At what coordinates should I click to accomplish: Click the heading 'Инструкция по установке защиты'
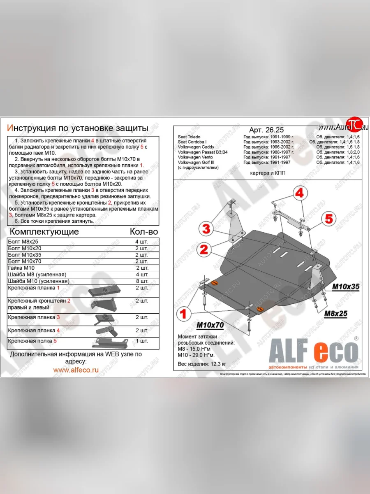point(78,128)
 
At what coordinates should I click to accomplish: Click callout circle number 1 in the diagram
point(183,315)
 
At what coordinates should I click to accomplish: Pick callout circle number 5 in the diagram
point(328,219)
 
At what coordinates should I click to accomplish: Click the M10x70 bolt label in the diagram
point(210,326)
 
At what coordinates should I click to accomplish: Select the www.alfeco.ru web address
point(76,370)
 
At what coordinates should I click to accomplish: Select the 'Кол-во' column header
point(143,232)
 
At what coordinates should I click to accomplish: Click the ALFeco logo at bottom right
point(313,353)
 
